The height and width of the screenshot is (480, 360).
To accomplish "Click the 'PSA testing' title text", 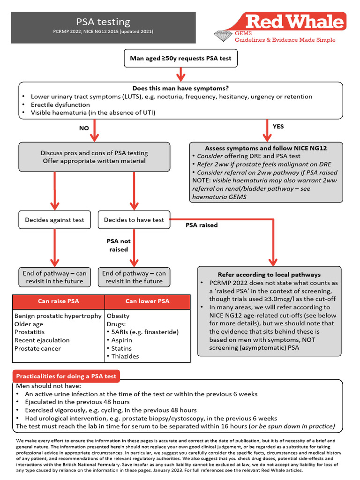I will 103,22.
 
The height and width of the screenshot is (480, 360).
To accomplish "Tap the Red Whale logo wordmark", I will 295,22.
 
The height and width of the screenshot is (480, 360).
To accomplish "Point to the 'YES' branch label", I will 278,127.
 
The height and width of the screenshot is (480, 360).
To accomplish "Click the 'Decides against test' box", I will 54,220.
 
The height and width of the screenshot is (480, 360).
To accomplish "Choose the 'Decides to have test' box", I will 134,220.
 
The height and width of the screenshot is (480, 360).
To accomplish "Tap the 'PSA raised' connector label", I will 202,225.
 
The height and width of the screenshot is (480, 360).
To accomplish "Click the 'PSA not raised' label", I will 119,245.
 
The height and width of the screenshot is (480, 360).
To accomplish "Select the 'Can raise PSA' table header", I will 58,301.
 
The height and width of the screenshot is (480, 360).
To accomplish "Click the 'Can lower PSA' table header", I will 147,301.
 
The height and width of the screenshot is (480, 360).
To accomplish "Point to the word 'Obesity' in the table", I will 118,316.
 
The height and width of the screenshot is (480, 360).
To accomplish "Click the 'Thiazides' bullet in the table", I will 125,356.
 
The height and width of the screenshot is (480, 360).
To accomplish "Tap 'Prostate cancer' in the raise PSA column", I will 37,348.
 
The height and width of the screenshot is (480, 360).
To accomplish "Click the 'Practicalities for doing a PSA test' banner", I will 66,376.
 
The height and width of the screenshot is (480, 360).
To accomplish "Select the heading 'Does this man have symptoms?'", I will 181,88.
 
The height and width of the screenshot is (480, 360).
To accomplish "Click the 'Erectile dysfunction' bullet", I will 60,105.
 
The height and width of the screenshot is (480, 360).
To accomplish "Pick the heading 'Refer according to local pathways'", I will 269,275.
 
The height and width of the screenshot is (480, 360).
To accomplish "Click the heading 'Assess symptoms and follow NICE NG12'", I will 266,148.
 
